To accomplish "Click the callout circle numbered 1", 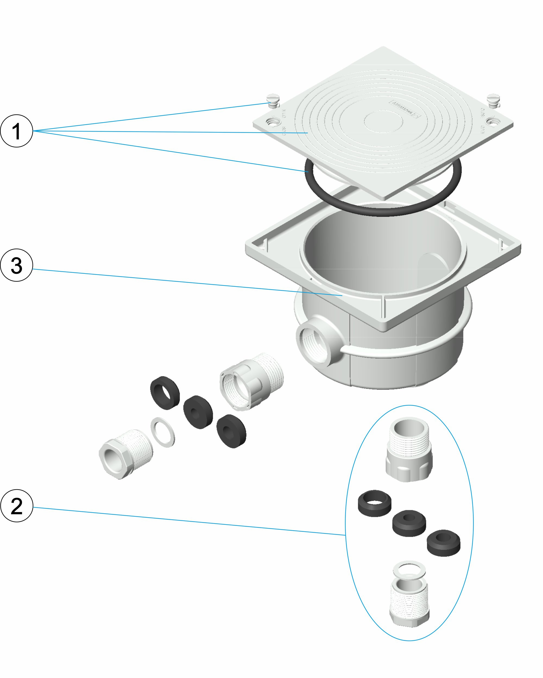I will coord(16,131).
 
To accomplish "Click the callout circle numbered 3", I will coord(16,265).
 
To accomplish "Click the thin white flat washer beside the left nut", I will coord(163,432).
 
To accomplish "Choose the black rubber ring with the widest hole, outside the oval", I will coord(165,393).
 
